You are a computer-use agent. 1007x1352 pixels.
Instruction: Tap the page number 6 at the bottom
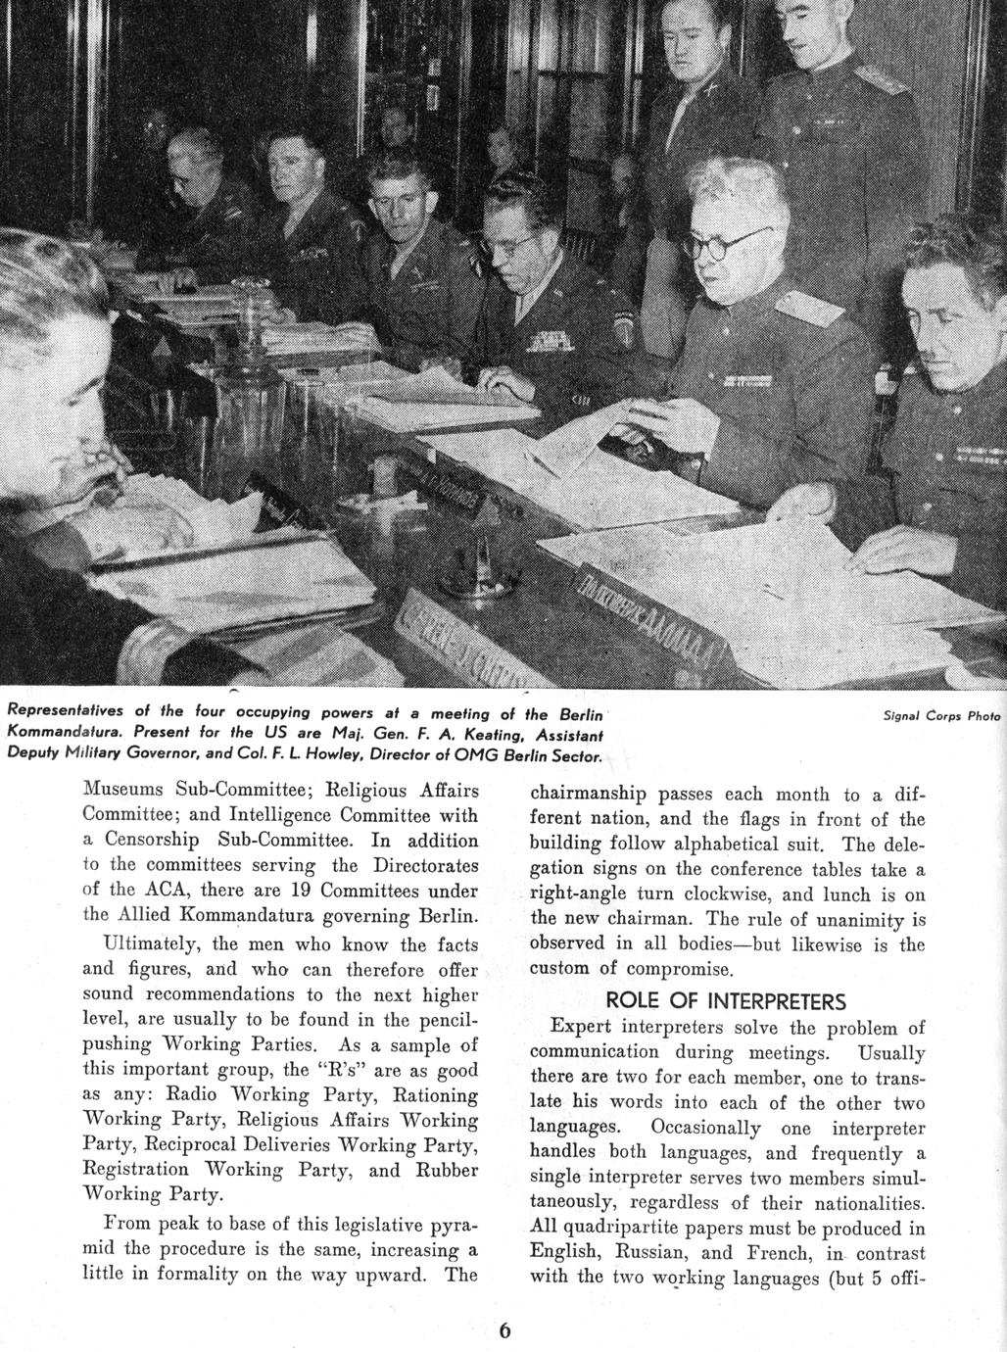(x=504, y=1330)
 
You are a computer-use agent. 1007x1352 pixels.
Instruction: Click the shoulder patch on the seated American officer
(x=620, y=327)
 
